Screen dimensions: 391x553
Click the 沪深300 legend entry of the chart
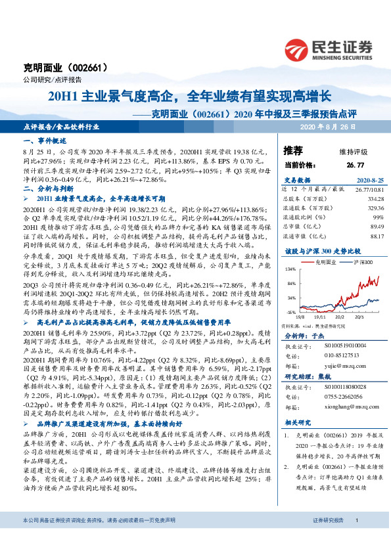[x=361, y=261]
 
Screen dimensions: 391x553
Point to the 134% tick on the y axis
[x=289, y=269]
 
